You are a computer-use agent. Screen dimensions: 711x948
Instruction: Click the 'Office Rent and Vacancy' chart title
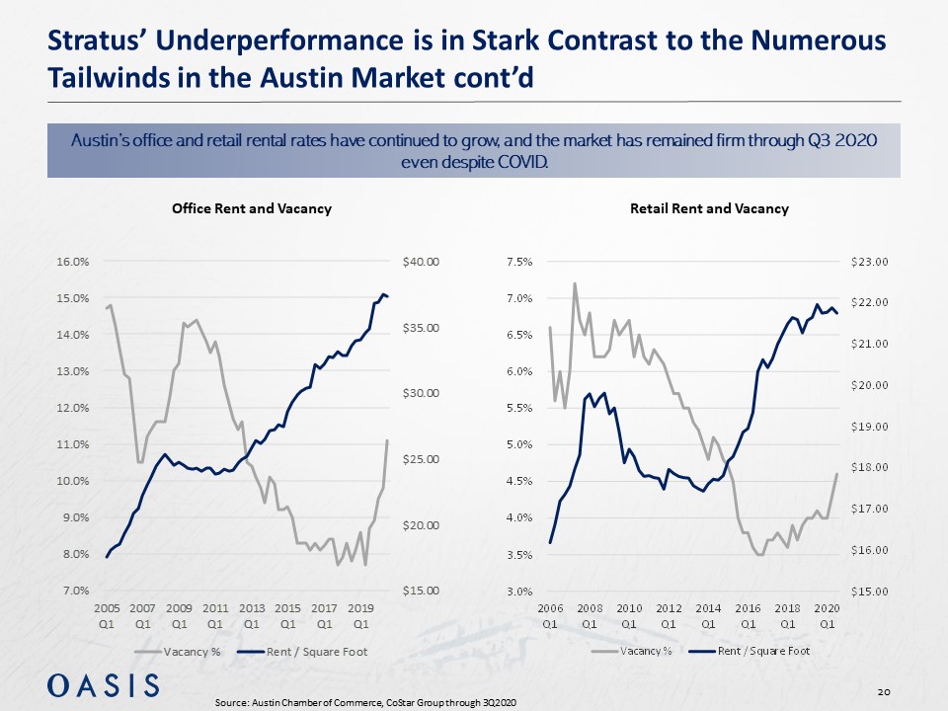[251, 208]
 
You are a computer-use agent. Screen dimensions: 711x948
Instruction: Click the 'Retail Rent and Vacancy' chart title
[709, 208]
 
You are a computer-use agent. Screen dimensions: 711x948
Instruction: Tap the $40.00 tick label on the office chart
[420, 262]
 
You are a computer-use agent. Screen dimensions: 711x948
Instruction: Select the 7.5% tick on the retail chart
[520, 262]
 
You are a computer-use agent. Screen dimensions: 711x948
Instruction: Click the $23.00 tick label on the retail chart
[870, 262]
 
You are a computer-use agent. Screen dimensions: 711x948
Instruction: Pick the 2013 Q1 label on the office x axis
[251, 616]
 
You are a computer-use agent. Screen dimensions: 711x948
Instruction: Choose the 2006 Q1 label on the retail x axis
[550, 616]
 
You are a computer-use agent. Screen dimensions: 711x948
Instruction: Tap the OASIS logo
[103, 684]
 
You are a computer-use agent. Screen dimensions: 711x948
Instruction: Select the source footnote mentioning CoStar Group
[365, 701]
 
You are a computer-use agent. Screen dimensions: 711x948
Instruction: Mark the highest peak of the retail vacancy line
[575, 283]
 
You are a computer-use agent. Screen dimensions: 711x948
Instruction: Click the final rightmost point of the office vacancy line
[388, 440]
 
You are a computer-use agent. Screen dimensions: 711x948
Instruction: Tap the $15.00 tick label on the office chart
[420, 591]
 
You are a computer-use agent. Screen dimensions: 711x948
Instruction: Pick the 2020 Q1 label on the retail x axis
[827, 616]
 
